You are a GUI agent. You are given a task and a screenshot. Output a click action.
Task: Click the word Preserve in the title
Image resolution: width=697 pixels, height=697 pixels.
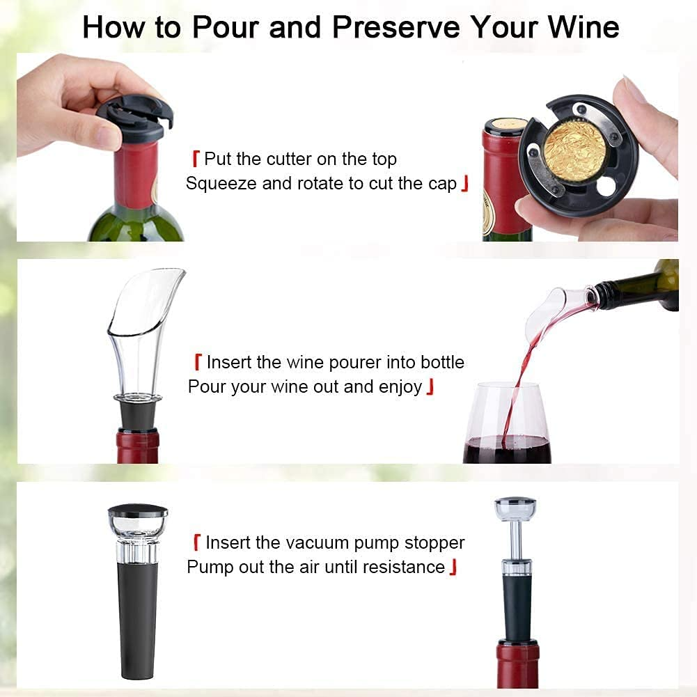[x=396, y=28]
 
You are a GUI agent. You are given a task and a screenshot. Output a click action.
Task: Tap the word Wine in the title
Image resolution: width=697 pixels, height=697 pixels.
[x=584, y=28]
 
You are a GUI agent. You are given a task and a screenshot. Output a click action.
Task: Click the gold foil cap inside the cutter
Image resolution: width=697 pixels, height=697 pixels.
[x=574, y=149]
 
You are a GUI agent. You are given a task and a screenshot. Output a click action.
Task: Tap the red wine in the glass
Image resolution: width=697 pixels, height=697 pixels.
[x=507, y=449]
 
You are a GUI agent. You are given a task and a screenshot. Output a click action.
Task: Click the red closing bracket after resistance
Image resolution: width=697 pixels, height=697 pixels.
[x=453, y=567]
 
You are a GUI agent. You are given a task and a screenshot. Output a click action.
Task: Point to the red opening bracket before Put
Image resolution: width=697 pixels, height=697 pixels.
[x=196, y=159]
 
